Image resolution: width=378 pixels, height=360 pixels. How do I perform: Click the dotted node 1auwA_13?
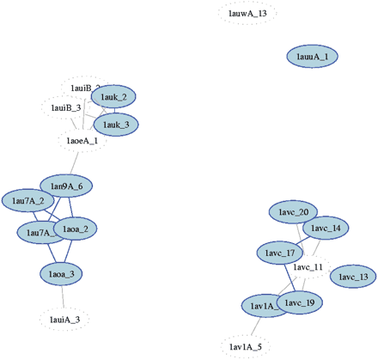247,13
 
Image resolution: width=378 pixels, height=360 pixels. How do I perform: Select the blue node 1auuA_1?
312,56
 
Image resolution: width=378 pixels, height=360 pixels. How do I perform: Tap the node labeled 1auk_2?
114,97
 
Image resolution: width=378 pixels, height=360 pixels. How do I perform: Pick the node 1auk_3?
114,125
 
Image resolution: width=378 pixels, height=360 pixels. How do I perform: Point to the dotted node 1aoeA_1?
82,141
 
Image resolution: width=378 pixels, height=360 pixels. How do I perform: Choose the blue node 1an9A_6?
66,186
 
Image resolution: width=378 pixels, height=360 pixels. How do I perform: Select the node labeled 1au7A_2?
27,201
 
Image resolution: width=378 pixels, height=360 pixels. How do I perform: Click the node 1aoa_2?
76,229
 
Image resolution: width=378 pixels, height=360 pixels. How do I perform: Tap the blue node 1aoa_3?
63,274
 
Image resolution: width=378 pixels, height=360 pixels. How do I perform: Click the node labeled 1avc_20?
294,212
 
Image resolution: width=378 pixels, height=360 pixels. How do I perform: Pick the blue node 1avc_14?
326,229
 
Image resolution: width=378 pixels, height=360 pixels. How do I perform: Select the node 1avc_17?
281,253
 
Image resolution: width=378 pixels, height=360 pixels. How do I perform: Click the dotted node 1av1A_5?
247,346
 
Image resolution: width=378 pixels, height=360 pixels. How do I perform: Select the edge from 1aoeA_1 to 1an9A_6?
76,162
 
